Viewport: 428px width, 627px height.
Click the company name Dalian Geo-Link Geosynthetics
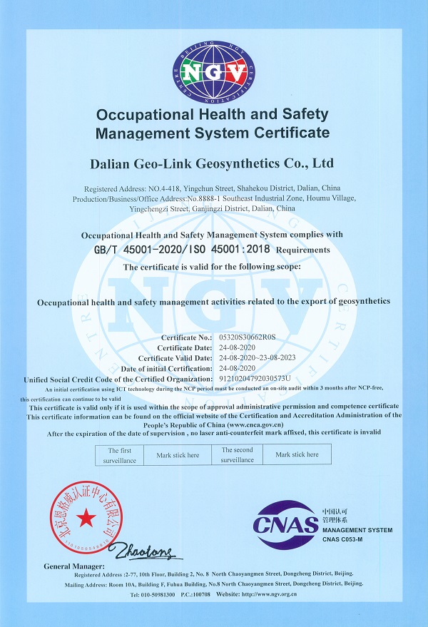pos(213,163)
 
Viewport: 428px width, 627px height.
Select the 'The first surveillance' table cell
pos(120,455)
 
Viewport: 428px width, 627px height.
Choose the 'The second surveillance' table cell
pos(237,455)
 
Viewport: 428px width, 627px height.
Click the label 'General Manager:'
pos(72,566)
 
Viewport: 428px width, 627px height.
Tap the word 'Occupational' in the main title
pos(140,115)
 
